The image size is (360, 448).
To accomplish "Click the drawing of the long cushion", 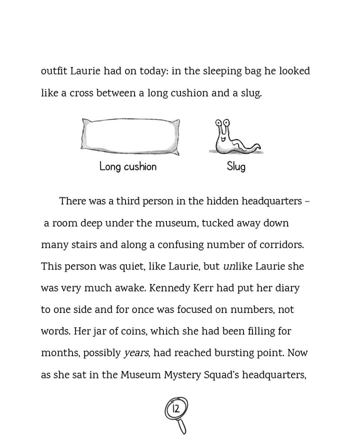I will [x=130, y=136].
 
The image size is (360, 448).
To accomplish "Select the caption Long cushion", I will [x=128, y=166].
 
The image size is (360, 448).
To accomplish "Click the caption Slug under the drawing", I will [x=236, y=166].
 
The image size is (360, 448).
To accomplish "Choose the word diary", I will [x=286, y=288].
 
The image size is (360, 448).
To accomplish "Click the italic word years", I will [x=136, y=353].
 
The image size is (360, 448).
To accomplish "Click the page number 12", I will [x=175, y=409].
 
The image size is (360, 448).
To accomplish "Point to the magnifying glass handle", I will [x=182, y=426].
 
